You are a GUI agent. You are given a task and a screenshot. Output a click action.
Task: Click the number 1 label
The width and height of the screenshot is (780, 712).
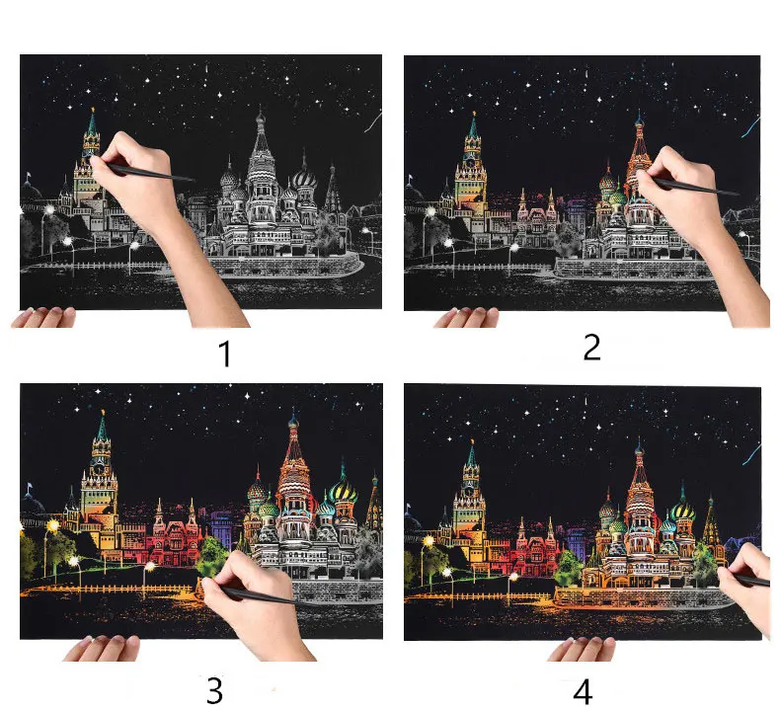[x=225, y=354]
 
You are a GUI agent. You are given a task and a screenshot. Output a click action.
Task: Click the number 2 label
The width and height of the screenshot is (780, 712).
[x=591, y=347]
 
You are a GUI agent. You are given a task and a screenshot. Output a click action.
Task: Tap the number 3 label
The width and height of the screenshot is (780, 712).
[x=214, y=690]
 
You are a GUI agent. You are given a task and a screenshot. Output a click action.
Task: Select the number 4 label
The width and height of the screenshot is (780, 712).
[x=583, y=692]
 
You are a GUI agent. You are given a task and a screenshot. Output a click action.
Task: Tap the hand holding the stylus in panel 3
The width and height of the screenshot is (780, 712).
[x=254, y=607]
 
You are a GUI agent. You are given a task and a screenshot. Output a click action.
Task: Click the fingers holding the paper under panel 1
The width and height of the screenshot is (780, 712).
[x=43, y=317]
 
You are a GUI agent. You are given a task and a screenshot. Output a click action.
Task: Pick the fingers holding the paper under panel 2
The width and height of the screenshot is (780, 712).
[x=466, y=317]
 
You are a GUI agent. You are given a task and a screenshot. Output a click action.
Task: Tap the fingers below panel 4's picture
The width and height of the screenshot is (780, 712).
[x=581, y=650]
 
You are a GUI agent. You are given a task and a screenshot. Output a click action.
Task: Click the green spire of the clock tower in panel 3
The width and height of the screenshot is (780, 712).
[x=102, y=427]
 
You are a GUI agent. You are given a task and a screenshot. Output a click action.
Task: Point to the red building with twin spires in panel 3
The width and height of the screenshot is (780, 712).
[x=174, y=535]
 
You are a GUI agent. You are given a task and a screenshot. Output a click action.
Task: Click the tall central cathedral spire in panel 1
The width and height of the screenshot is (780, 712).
[x=261, y=144]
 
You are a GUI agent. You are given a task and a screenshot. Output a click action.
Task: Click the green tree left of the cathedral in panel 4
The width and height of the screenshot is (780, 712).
[x=567, y=567]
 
